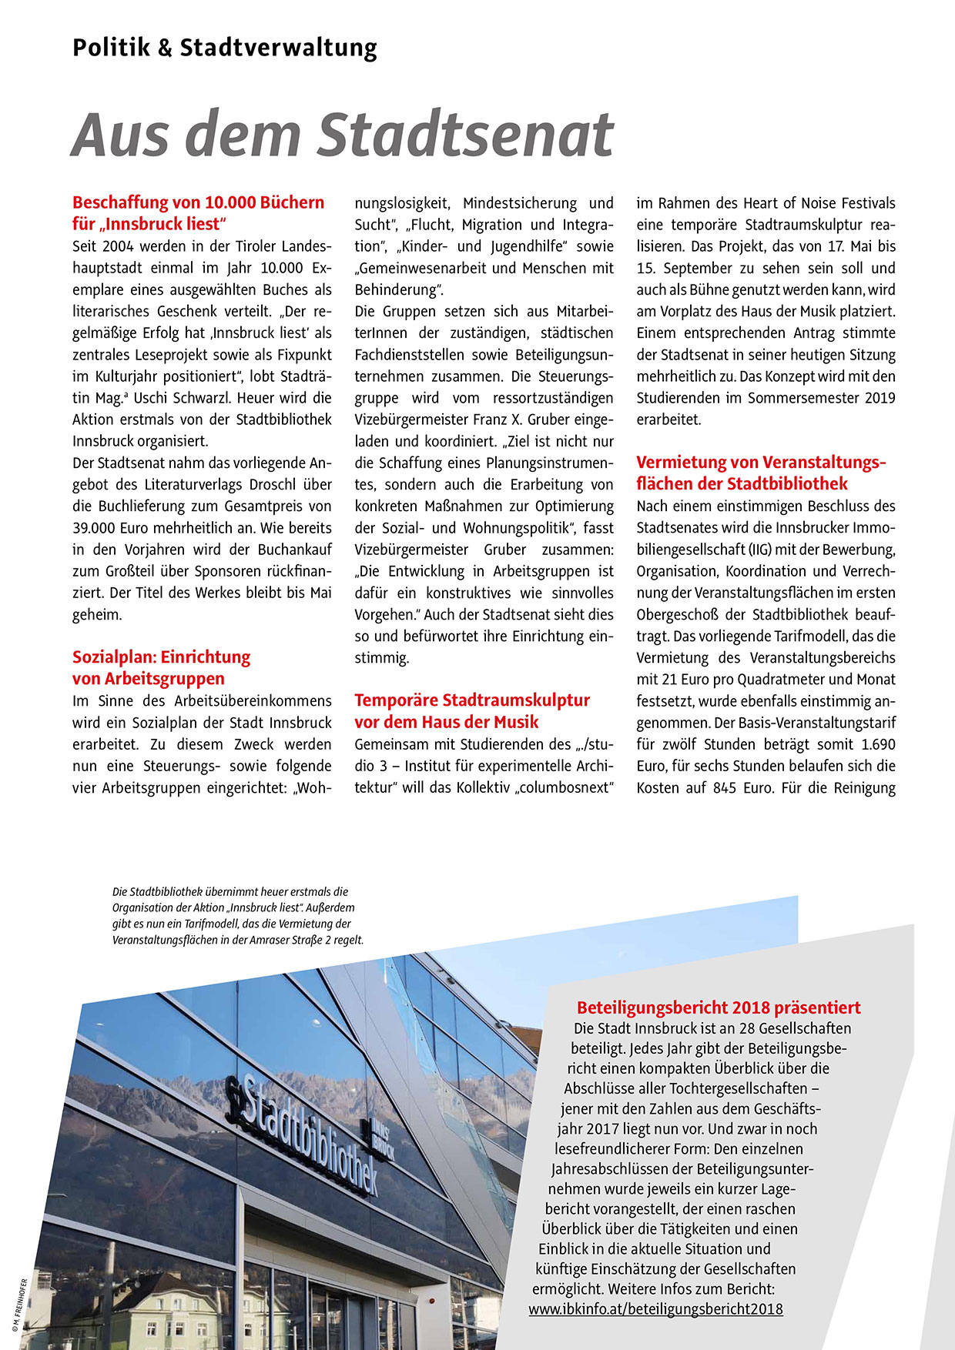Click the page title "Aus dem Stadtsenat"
point(342,135)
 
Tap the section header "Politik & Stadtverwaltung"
point(225,48)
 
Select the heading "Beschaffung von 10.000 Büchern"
point(198,202)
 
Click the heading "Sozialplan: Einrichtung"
point(161,657)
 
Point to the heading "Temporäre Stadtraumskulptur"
point(471,700)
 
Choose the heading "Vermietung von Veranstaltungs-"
point(761,463)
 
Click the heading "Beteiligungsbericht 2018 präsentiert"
point(719,1007)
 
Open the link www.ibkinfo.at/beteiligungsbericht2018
point(655,1308)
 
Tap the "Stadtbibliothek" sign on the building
point(308,1131)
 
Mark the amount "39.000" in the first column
point(94,528)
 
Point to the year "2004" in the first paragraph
point(118,246)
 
